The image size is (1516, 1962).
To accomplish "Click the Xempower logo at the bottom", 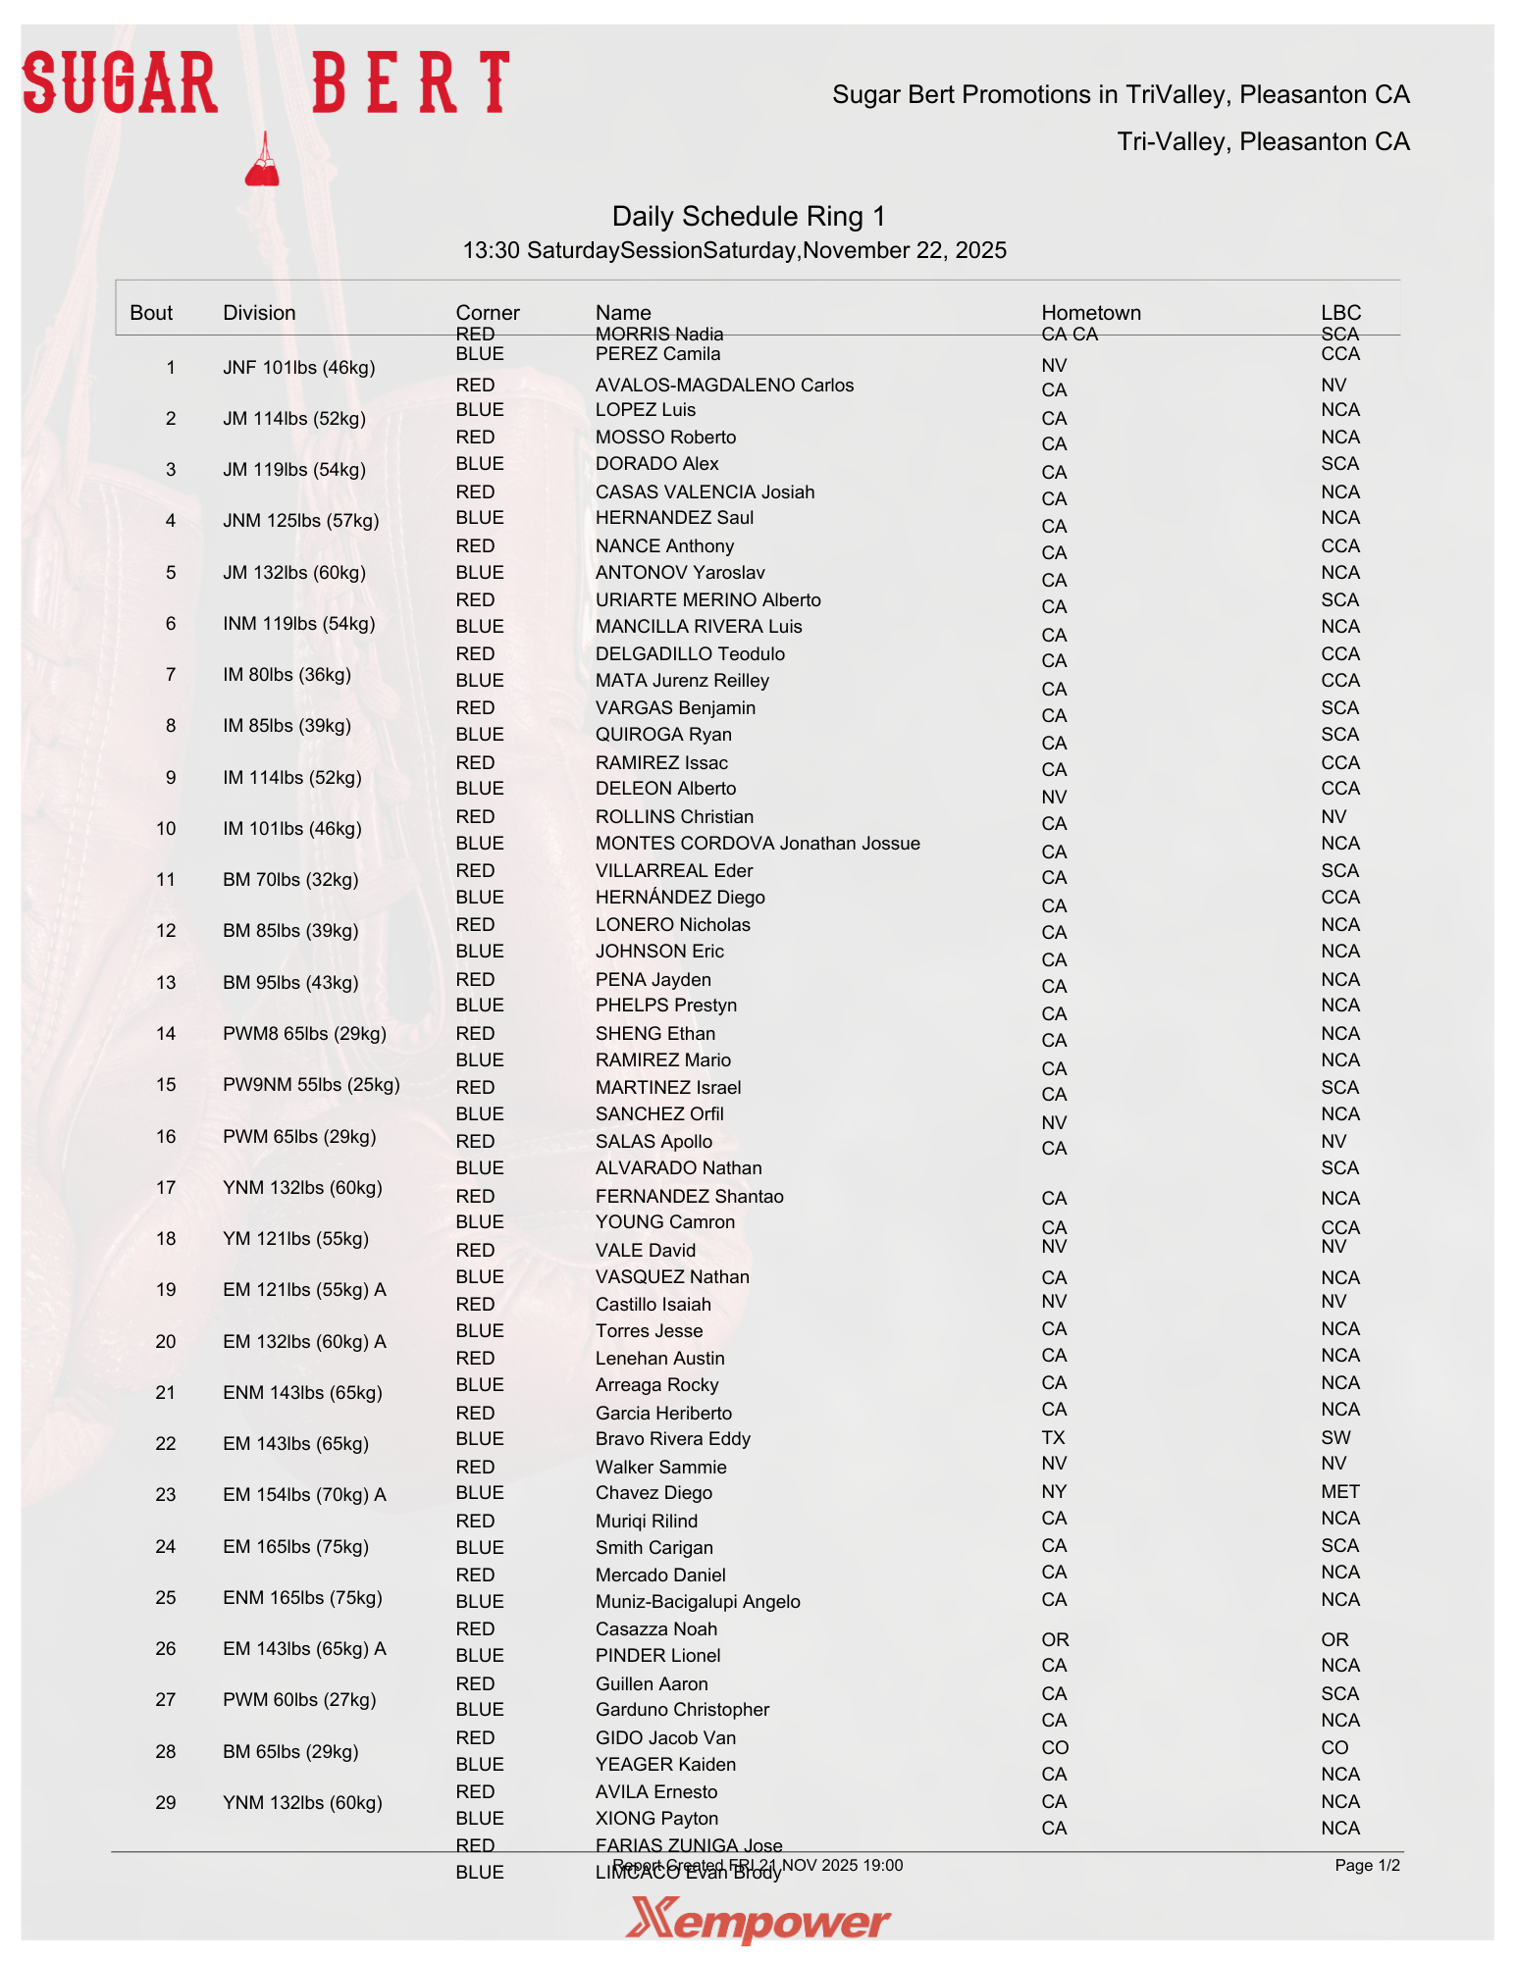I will (x=758, y=1920).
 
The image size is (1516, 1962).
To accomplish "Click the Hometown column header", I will (x=1090, y=313).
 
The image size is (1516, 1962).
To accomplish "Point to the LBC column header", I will (x=1340, y=313).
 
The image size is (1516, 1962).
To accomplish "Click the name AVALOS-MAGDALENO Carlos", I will (x=724, y=386).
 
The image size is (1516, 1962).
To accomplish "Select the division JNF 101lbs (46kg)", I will (x=298, y=368).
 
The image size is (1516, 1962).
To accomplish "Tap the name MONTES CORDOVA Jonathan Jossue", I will (x=758, y=844).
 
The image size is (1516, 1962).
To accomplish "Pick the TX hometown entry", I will (x=1053, y=1438).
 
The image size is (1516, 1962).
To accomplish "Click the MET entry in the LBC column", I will (x=1339, y=1492).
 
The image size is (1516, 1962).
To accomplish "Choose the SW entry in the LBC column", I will (x=1335, y=1438).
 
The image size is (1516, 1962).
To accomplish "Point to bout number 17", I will (x=166, y=1188).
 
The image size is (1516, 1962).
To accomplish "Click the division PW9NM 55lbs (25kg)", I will (x=311, y=1085).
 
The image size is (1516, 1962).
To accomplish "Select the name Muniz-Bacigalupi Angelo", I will (x=698, y=1602).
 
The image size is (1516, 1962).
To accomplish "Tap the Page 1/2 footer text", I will (x=1367, y=1866).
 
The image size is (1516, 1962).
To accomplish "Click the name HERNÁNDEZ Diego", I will (x=680, y=898).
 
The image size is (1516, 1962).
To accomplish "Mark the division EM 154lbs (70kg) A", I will (x=304, y=1495).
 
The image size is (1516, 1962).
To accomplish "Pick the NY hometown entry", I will (x=1054, y=1492).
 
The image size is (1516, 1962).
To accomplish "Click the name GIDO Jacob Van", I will (x=665, y=1738).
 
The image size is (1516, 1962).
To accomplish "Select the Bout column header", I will (x=151, y=313).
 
